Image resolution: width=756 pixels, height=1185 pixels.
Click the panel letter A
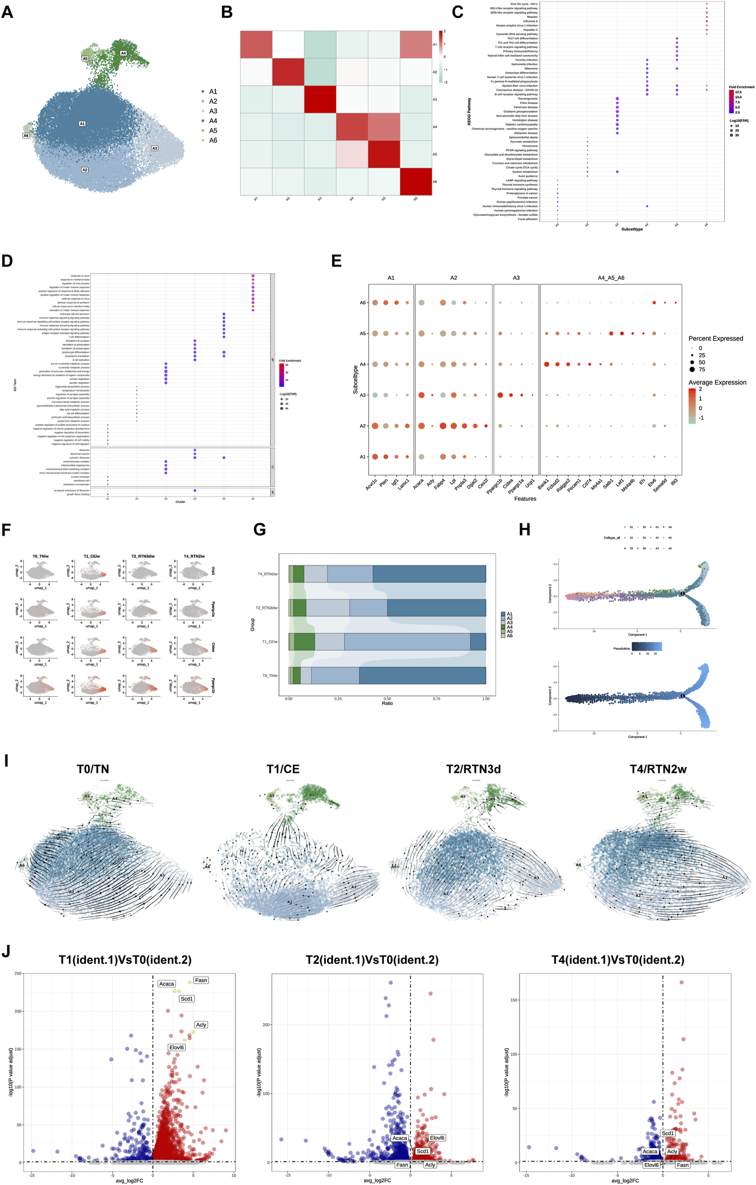(7, 12)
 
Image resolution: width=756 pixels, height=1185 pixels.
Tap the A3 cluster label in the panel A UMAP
(154, 148)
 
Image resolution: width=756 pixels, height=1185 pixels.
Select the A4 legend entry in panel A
(213, 121)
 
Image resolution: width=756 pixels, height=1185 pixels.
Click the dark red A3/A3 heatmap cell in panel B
(320, 99)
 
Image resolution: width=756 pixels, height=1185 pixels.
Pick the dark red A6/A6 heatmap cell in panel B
(416, 182)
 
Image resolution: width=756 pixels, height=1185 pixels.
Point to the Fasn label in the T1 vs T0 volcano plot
(201, 980)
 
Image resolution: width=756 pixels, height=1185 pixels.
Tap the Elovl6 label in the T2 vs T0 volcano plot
(437, 1138)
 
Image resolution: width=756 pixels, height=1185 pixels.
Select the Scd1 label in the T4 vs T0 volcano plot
(667, 1133)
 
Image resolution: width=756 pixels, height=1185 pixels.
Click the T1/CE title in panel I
(283, 769)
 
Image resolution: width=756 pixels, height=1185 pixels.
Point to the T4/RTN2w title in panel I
(658, 769)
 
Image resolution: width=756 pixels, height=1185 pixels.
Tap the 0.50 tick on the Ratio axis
(387, 699)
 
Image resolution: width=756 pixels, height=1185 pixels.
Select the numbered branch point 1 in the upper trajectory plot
(683, 593)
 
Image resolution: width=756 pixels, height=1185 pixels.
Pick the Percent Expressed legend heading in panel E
(715, 338)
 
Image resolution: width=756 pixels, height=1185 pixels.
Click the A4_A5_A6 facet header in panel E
(611, 278)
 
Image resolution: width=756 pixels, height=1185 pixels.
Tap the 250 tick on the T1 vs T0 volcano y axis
(18, 973)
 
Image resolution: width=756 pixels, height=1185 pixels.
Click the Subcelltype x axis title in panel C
(632, 229)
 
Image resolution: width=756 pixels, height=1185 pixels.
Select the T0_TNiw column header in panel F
(41, 556)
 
